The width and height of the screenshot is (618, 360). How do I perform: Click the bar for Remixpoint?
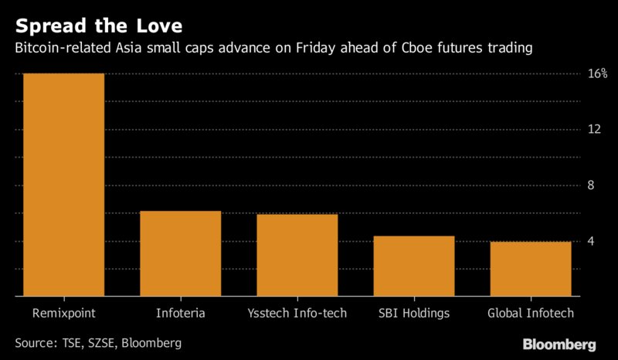64,185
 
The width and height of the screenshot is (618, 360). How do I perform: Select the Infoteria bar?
181,253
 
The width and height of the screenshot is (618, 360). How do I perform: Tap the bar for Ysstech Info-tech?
297,255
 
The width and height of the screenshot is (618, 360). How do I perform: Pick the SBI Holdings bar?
414,266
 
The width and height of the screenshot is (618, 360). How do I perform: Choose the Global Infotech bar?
531,269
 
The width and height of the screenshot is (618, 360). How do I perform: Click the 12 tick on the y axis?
594,130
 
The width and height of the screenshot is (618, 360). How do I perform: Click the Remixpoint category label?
64,313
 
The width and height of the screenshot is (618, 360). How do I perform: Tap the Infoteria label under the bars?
181,313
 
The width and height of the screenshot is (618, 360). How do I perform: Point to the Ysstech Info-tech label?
297,313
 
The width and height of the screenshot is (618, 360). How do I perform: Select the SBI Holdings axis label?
414,313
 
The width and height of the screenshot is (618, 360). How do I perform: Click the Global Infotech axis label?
531,313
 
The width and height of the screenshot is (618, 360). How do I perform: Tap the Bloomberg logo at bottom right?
559,342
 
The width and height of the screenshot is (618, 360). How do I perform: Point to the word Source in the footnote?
35,342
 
